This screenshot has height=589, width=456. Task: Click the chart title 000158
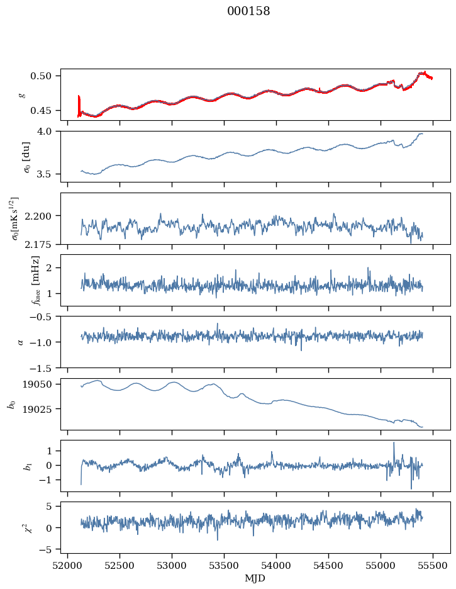248,11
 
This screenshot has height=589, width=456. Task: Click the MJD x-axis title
255,578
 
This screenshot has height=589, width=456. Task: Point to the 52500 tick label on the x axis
120,566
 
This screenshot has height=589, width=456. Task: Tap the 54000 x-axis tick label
276,566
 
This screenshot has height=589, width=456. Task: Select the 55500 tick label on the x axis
433,566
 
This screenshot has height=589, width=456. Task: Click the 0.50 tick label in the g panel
40,76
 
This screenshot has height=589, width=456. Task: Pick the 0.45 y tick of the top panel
40,111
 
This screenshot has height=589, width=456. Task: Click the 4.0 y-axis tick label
44,132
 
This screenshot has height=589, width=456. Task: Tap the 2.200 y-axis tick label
38,216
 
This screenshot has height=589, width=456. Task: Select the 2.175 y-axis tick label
38,245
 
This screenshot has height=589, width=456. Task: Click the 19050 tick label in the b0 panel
36,384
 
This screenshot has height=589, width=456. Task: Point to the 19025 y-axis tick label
36,408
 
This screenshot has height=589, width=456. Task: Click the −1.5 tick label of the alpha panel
40,367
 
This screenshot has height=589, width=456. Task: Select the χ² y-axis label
28,527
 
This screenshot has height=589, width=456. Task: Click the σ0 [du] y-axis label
27,157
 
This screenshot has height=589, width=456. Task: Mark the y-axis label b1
28,466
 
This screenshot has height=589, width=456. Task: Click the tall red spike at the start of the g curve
79,105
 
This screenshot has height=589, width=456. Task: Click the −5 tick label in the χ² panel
45,550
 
